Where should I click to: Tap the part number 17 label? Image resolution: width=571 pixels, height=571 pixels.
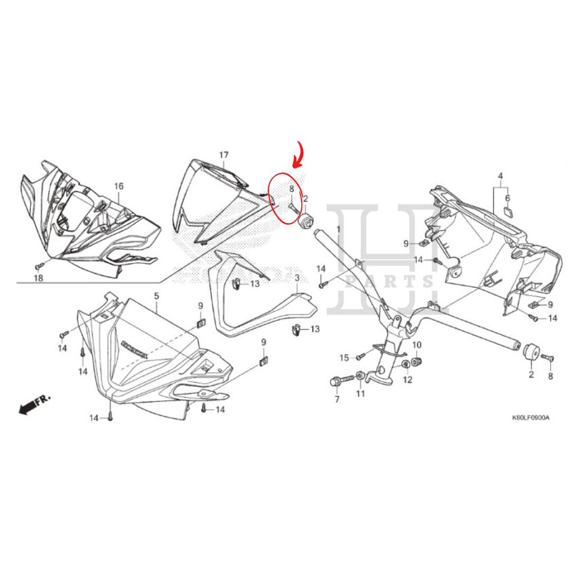click(224, 154)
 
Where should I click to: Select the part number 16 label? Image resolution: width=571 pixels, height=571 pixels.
click(119, 186)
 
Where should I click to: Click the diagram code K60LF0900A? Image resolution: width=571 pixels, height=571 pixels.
click(531, 418)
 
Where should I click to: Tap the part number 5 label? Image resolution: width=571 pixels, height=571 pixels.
click(156, 295)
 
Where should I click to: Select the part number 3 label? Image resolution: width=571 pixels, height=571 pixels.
click(297, 278)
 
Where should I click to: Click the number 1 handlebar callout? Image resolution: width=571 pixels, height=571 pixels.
click(338, 229)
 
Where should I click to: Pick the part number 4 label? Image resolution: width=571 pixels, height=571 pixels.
click(500, 176)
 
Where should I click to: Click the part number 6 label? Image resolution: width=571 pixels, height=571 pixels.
click(507, 198)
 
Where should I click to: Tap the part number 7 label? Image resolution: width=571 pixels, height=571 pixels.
click(337, 400)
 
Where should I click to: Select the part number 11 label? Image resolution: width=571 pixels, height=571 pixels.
click(360, 394)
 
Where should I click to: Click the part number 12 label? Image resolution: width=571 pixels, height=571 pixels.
click(408, 380)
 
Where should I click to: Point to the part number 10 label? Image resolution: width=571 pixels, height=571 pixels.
click(417, 345)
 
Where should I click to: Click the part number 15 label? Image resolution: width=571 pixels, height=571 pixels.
click(344, 357)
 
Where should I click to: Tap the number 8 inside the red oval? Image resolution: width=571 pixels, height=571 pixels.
click(291, 189)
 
